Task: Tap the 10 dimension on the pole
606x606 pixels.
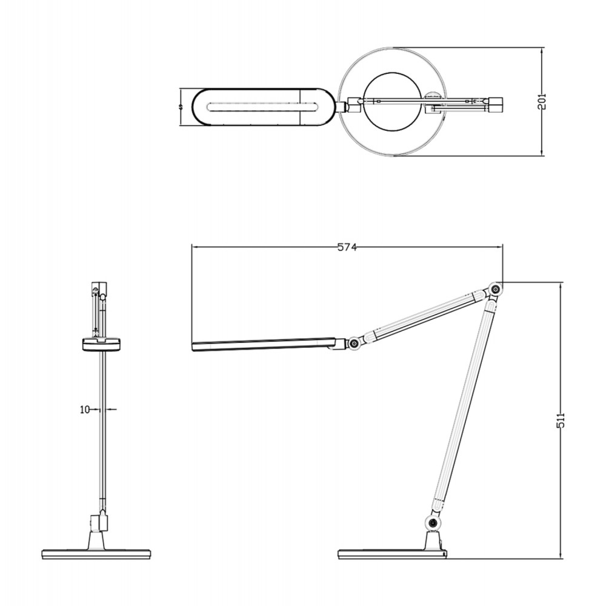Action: pyautogui.click(x=85, y=410)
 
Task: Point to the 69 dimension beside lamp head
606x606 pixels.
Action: pyautogui.click(x=181, y=107)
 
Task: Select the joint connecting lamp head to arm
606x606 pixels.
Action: pyautogui.click(x=352, y=344)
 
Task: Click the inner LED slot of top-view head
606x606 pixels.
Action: pyautogui.click(x=261, y=107)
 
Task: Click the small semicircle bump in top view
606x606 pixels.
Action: pyautogui.click(x=433, y=95)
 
